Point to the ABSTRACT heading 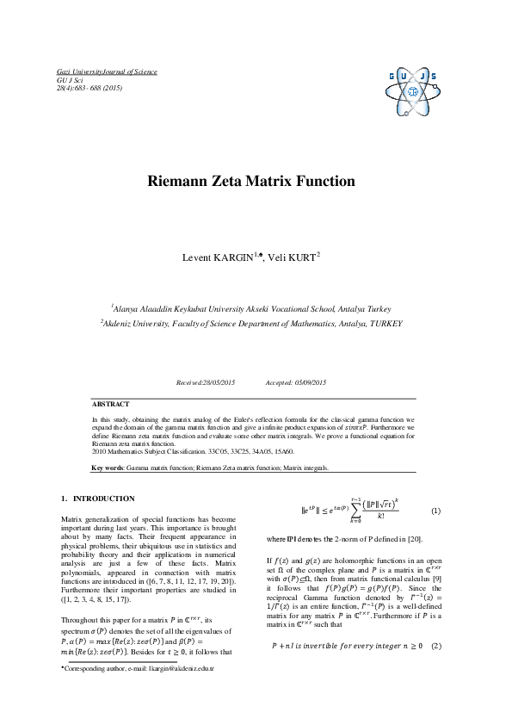[111, 404]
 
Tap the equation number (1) [435, 510]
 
